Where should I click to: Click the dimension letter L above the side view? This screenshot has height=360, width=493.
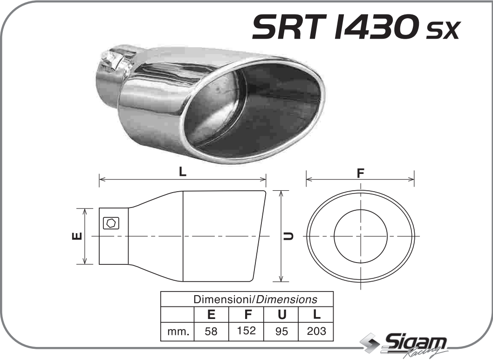click(x=183, y=172)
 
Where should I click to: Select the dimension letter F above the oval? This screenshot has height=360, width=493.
click(x=360, y=173)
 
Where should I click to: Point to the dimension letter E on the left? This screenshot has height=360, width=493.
click(x=77, y=236)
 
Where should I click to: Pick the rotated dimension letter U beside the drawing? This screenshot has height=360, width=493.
click(x=289, y=236)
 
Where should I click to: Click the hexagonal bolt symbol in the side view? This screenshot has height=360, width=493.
click(x=111, y=223)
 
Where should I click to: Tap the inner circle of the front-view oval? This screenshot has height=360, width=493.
click(x=361, y=236)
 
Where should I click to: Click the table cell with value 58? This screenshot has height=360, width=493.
click(x=211, y=332)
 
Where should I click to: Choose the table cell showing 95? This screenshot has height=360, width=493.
click(x=281, y=332)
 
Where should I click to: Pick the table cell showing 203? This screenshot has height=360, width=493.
click(x=316, y=331)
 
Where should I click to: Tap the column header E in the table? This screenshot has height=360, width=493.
click(x=211, y=314)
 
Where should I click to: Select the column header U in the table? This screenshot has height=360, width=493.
click(x=281, y=314)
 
